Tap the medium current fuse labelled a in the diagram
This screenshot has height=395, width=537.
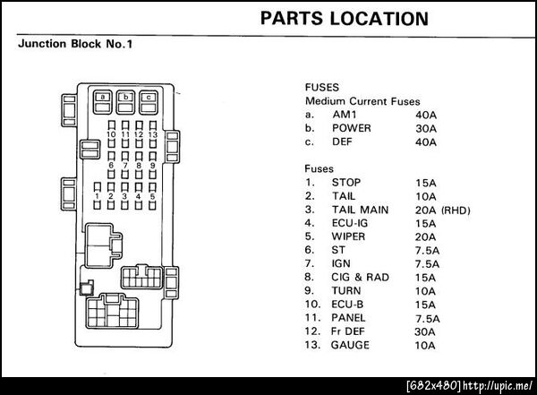[105, 97]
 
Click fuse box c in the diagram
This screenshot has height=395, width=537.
[148, 97]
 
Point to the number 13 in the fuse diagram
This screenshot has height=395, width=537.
[153, 133]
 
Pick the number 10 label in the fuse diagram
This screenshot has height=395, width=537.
[111, 133]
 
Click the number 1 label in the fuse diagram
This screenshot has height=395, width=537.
[97, 195]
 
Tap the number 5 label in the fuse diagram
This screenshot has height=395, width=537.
[153, 195]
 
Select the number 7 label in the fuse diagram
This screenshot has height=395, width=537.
[125, 165]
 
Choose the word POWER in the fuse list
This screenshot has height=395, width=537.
[352, 128]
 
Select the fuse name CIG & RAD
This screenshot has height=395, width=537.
[361, 278]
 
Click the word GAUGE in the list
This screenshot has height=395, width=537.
[352, 345]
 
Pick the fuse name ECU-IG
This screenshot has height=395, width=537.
[351, 223]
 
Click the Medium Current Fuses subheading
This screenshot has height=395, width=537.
[362, 102]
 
